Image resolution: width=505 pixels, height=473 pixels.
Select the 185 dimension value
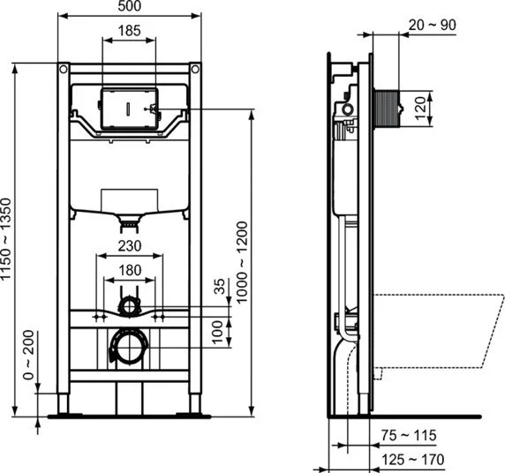[x=130, y=31]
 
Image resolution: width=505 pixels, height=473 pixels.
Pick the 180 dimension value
[x=130, y=269]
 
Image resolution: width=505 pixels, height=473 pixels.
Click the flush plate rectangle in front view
[x=130, y=108]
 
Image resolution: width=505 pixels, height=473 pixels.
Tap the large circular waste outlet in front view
[x=130, y=345]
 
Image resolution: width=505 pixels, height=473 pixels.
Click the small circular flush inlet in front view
[x=130, y=306]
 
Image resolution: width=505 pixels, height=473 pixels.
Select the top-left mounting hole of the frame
[x=64, y=69]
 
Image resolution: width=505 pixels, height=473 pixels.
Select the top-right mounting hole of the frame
[x=195, y=69]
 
